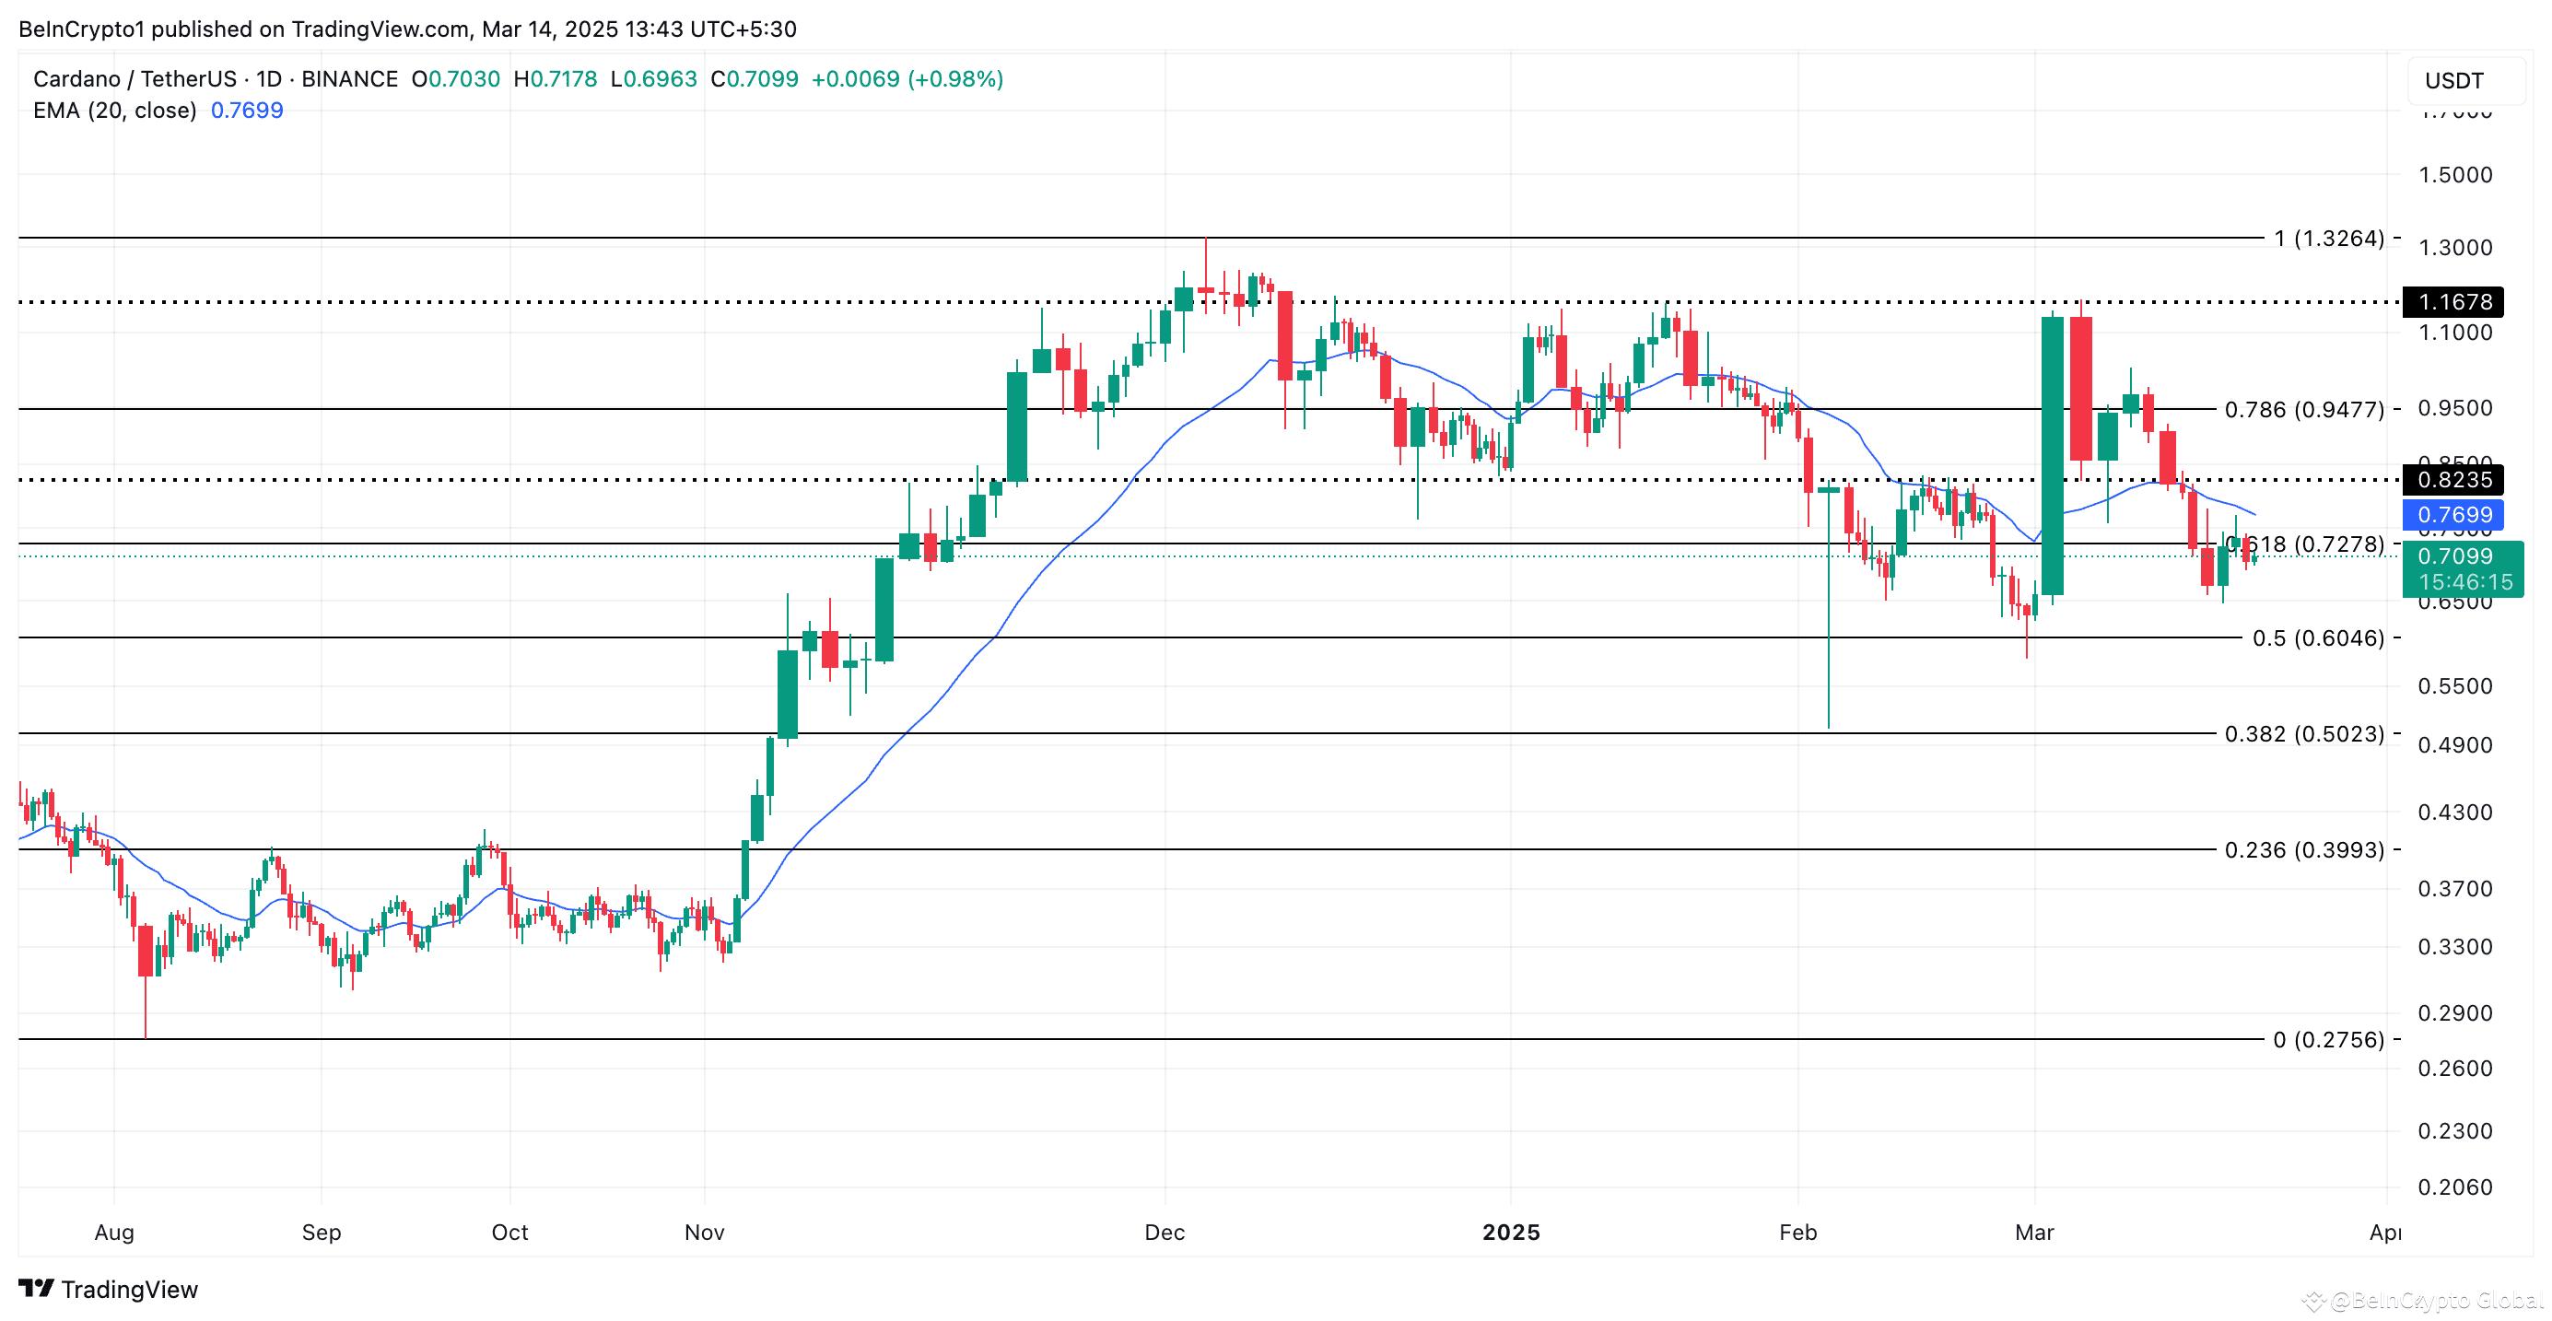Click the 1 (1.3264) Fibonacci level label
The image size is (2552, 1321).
click(2328, 239)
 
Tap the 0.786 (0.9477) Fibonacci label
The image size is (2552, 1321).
click(2303, 410)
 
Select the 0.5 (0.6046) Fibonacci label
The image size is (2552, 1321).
click(2317, 638)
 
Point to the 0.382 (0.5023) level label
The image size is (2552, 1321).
click(2303, 735)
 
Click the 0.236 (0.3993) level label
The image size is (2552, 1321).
click(2303, 850)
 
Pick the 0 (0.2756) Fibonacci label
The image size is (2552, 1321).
click(2328, 1040)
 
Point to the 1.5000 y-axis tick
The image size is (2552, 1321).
click(2454, 175)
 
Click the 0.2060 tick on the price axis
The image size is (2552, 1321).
click(2454, 1187)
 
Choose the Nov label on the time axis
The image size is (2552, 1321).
click(705, 1233)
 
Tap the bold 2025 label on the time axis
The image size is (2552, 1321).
click(1511, 1233)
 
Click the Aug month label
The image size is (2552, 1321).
click(114, 1233)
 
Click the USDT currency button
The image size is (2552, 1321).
click(2454, 81)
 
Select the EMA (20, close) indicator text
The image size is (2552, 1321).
click(115, 111)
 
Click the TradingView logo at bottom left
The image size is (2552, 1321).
click(109, 1290)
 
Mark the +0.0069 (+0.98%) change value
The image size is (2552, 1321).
click(907, 79)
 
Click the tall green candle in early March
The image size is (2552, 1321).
click(2052, 455)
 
